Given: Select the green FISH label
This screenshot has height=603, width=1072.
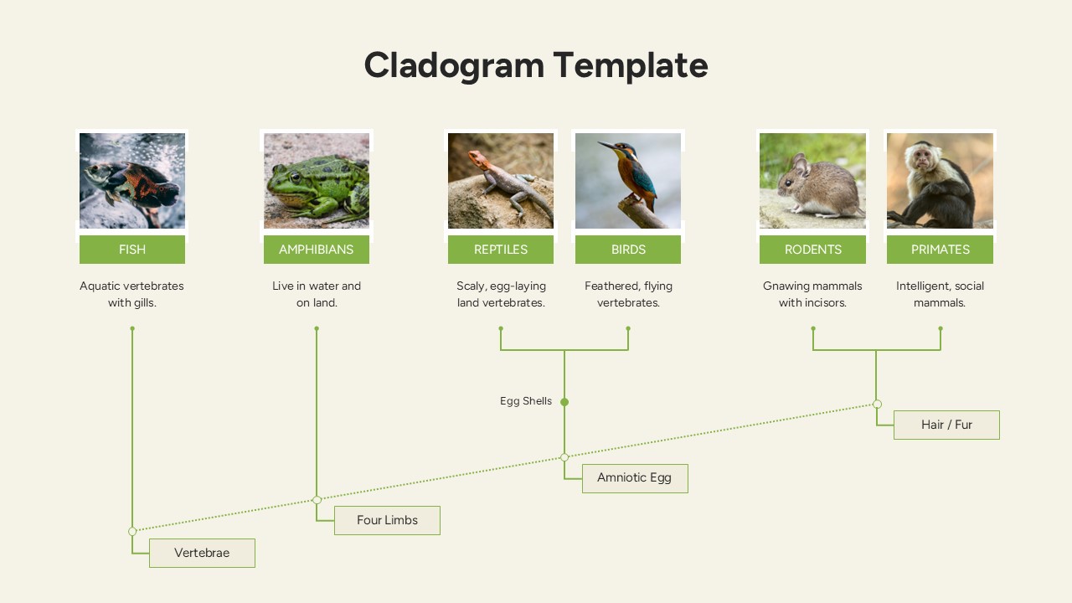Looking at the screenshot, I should click(x=132, y=250).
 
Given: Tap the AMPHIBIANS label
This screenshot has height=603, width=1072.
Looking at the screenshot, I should click(x=316, y=250).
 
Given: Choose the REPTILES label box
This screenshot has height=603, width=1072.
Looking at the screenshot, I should click(x=500, y=250).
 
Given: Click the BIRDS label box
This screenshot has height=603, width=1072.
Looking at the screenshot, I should click(x=628, y=250).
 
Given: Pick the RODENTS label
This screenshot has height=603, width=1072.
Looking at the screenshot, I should click(x=812, y=250).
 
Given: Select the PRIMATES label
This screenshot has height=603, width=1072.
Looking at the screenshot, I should click(x=940, y=250).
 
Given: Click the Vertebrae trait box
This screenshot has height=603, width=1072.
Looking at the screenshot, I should click(x=202, y=553).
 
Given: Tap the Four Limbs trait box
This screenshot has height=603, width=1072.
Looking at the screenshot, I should click(x=387, y=520).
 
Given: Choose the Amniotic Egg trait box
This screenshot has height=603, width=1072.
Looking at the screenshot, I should click(x=634, y=478).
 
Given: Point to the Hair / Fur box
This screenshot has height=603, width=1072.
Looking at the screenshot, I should click(x=946, y=425).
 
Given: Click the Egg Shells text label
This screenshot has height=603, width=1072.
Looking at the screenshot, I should click(x=526, y=401).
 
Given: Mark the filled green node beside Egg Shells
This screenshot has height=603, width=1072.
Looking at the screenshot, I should click(x=564, y=402).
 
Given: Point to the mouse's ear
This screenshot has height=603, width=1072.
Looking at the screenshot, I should click(x=801, y=166).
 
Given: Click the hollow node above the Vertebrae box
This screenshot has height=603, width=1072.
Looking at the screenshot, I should click(x=132, y=531).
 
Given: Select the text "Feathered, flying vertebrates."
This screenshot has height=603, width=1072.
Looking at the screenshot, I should click(x=628, y=294).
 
